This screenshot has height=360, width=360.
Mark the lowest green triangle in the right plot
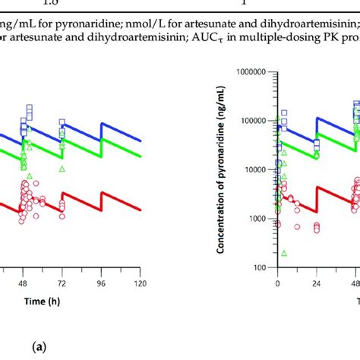(284, 253)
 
